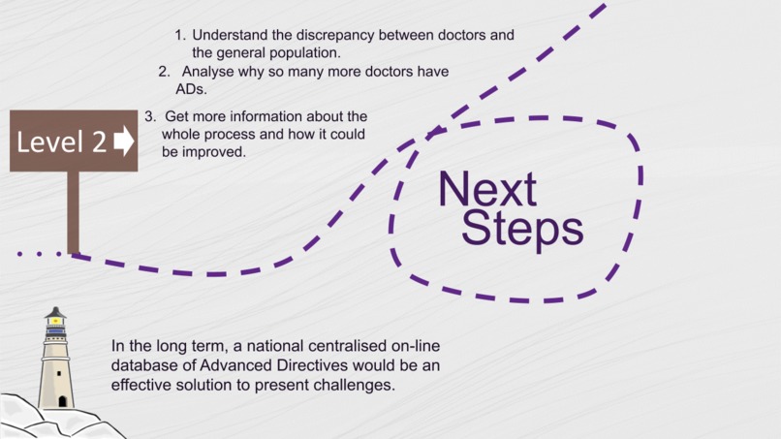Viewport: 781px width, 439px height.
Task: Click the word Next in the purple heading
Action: coord(486,189)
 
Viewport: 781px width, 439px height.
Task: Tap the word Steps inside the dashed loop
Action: coord(522,229)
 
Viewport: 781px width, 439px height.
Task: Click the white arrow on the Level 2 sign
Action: coord(123,141)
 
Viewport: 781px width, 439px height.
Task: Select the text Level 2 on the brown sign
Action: coord(62,142)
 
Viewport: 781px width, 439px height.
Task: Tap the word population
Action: coord(305,53)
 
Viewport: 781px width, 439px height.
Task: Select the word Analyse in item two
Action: coord(206,72)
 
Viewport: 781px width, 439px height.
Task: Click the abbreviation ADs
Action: coord(191,89)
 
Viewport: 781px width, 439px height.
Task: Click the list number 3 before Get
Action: coord(149,116)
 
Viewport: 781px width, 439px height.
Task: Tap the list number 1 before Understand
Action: coord(179,36)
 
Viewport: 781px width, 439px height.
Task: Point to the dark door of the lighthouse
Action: coord(62,400)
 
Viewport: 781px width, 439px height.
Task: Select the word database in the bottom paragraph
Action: coord(141,365)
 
